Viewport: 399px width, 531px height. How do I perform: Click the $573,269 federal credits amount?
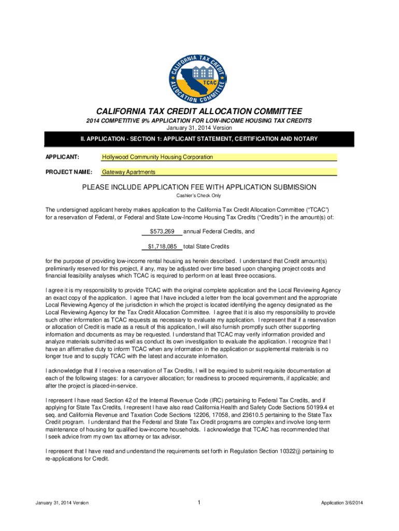[162, 231]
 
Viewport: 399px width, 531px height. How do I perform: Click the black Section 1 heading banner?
[199, 139]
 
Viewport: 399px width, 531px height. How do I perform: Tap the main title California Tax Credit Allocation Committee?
[199, 111]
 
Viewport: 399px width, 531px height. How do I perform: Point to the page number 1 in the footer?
[199, 502]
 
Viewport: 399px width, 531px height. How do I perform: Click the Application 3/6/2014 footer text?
[342, 503]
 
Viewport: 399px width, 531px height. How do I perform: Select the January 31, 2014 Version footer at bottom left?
[62, 503]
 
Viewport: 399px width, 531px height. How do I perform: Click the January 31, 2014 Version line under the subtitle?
[199, 128]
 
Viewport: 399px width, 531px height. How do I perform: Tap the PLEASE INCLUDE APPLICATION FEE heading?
[199, 187]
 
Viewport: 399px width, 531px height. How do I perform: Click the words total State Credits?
[206, 246]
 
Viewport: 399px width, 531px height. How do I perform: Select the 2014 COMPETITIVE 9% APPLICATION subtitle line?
[199, 121]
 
